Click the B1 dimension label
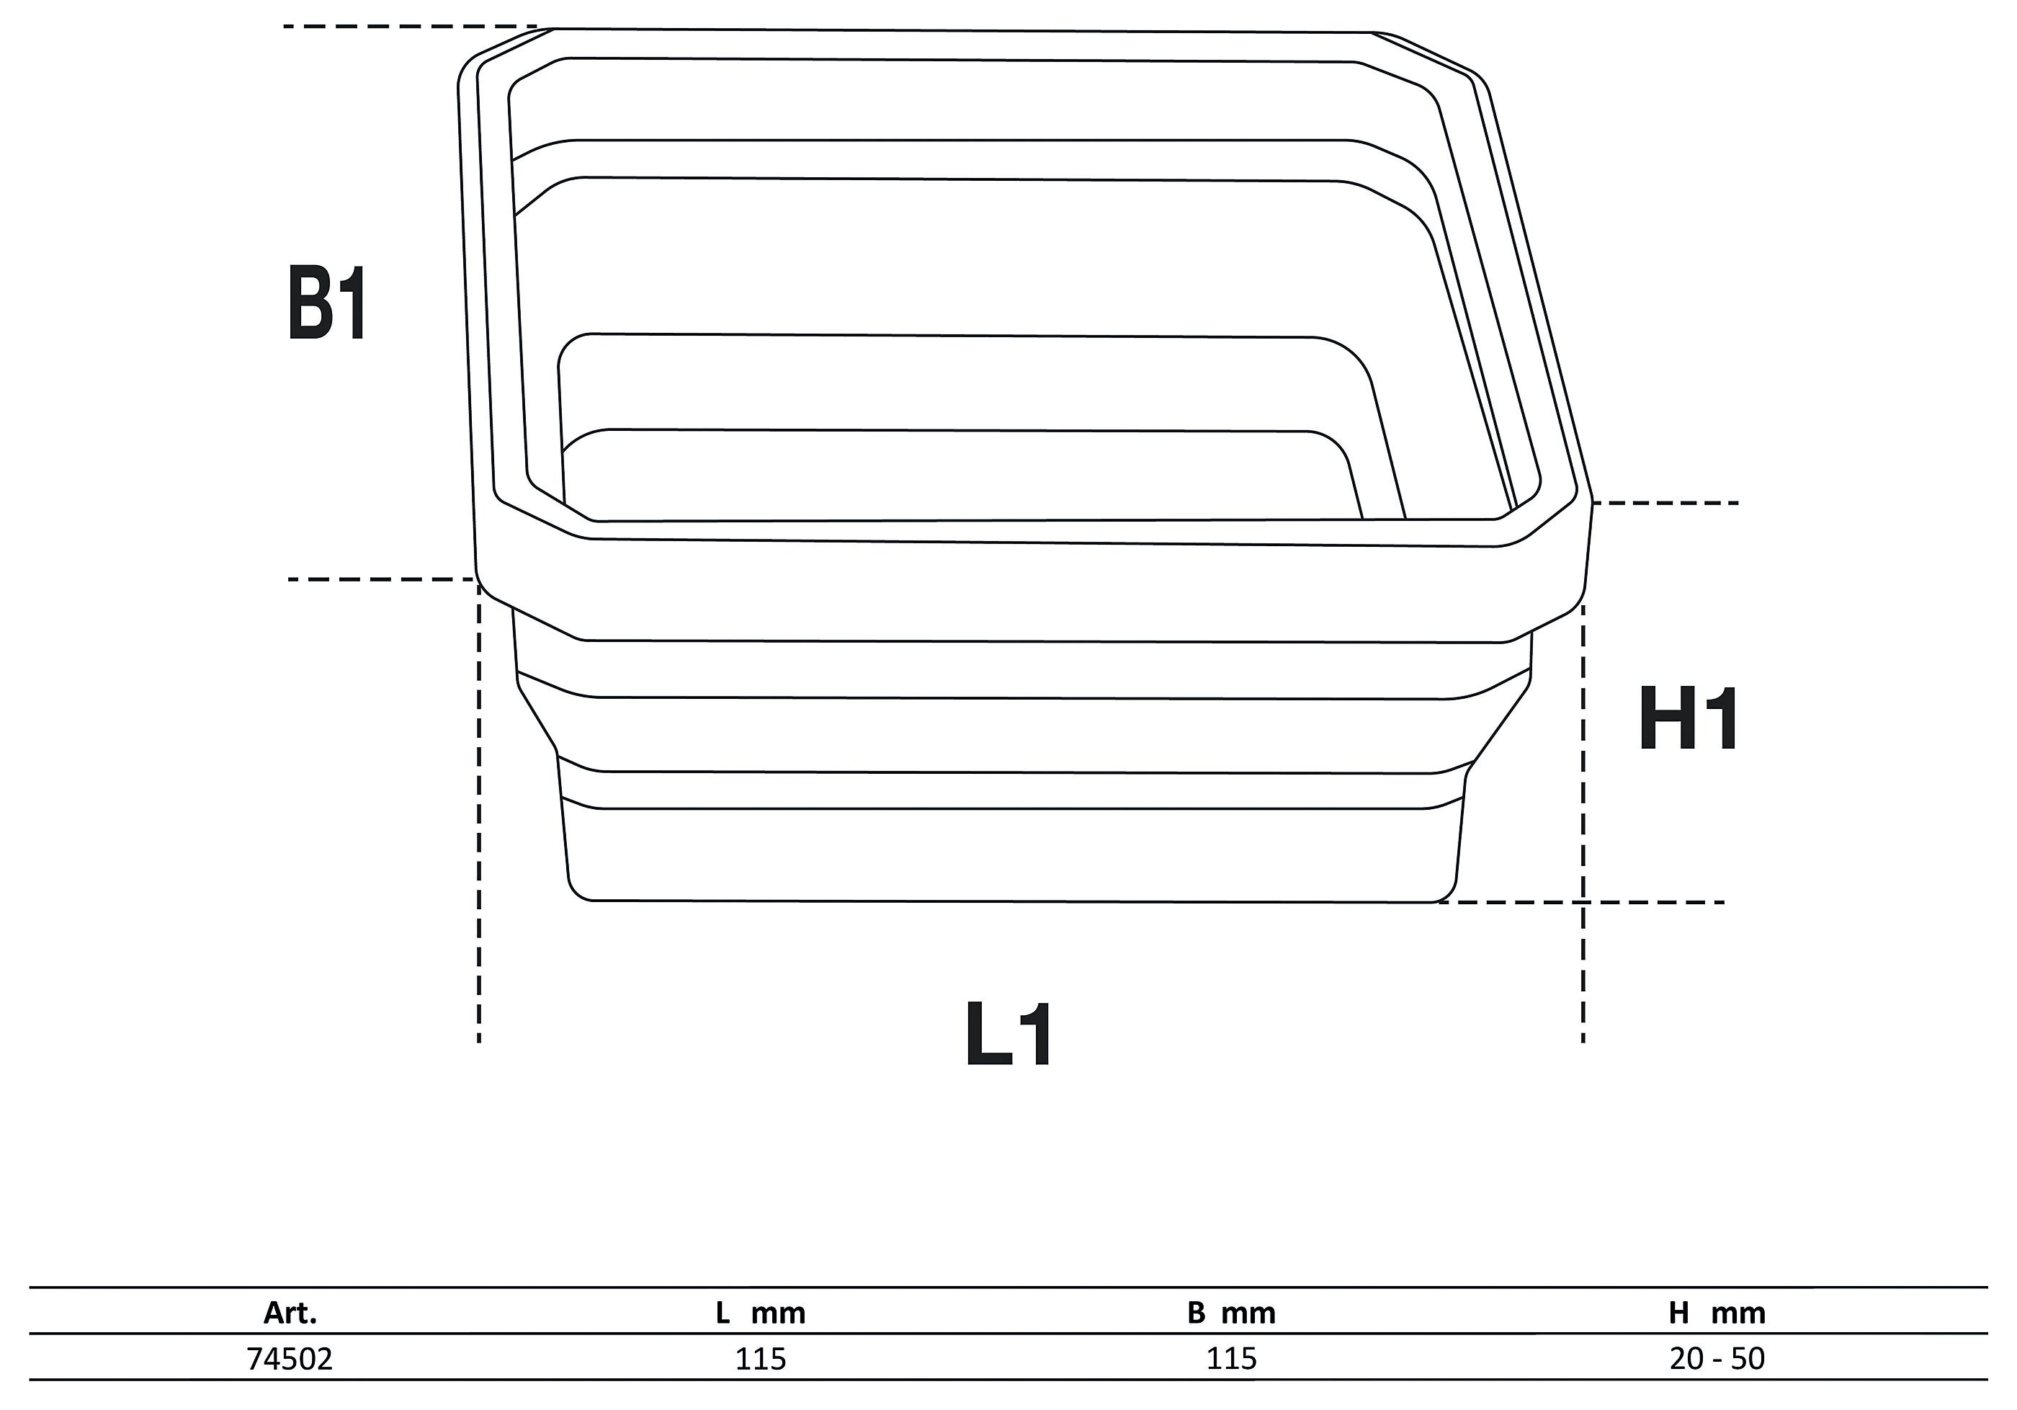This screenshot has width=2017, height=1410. coord(327,303)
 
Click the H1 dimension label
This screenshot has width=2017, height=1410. coord(1688,720)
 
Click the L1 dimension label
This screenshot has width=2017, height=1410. coord(1009,1034)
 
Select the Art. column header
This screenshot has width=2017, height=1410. coord(290,1313)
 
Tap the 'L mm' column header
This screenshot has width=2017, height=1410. coord(760,1313)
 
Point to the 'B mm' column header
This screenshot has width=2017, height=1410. coord(1232,1313)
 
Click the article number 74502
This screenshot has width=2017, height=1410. coord(290,1359)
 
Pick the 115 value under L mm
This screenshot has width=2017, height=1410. coord(761,1359)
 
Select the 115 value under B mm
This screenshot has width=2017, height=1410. coord(1232,1359)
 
